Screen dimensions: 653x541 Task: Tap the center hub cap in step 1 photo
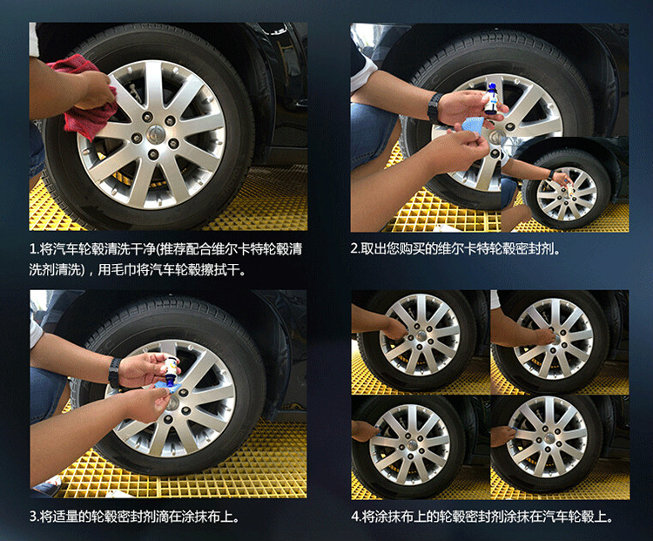coord(156,133)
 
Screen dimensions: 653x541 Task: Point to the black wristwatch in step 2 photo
coord(434,108)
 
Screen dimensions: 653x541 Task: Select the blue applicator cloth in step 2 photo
coord(471,125)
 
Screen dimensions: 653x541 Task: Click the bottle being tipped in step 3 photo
coord(170,369)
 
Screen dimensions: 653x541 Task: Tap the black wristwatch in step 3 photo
coord(115,373)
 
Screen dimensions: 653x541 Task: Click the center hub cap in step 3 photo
coord(172,402)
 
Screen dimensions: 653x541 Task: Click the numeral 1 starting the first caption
coord(32,249)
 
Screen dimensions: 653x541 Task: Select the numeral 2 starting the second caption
coord(354,249)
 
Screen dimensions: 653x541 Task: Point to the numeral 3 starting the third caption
coord(32,517)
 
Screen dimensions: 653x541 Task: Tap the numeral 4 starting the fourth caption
coord(355,517)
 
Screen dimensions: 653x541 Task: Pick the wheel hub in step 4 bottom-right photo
coord(548,438)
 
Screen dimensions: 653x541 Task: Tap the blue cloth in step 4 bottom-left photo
coord(377,429)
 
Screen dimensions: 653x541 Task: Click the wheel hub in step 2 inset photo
coord(567,193)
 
